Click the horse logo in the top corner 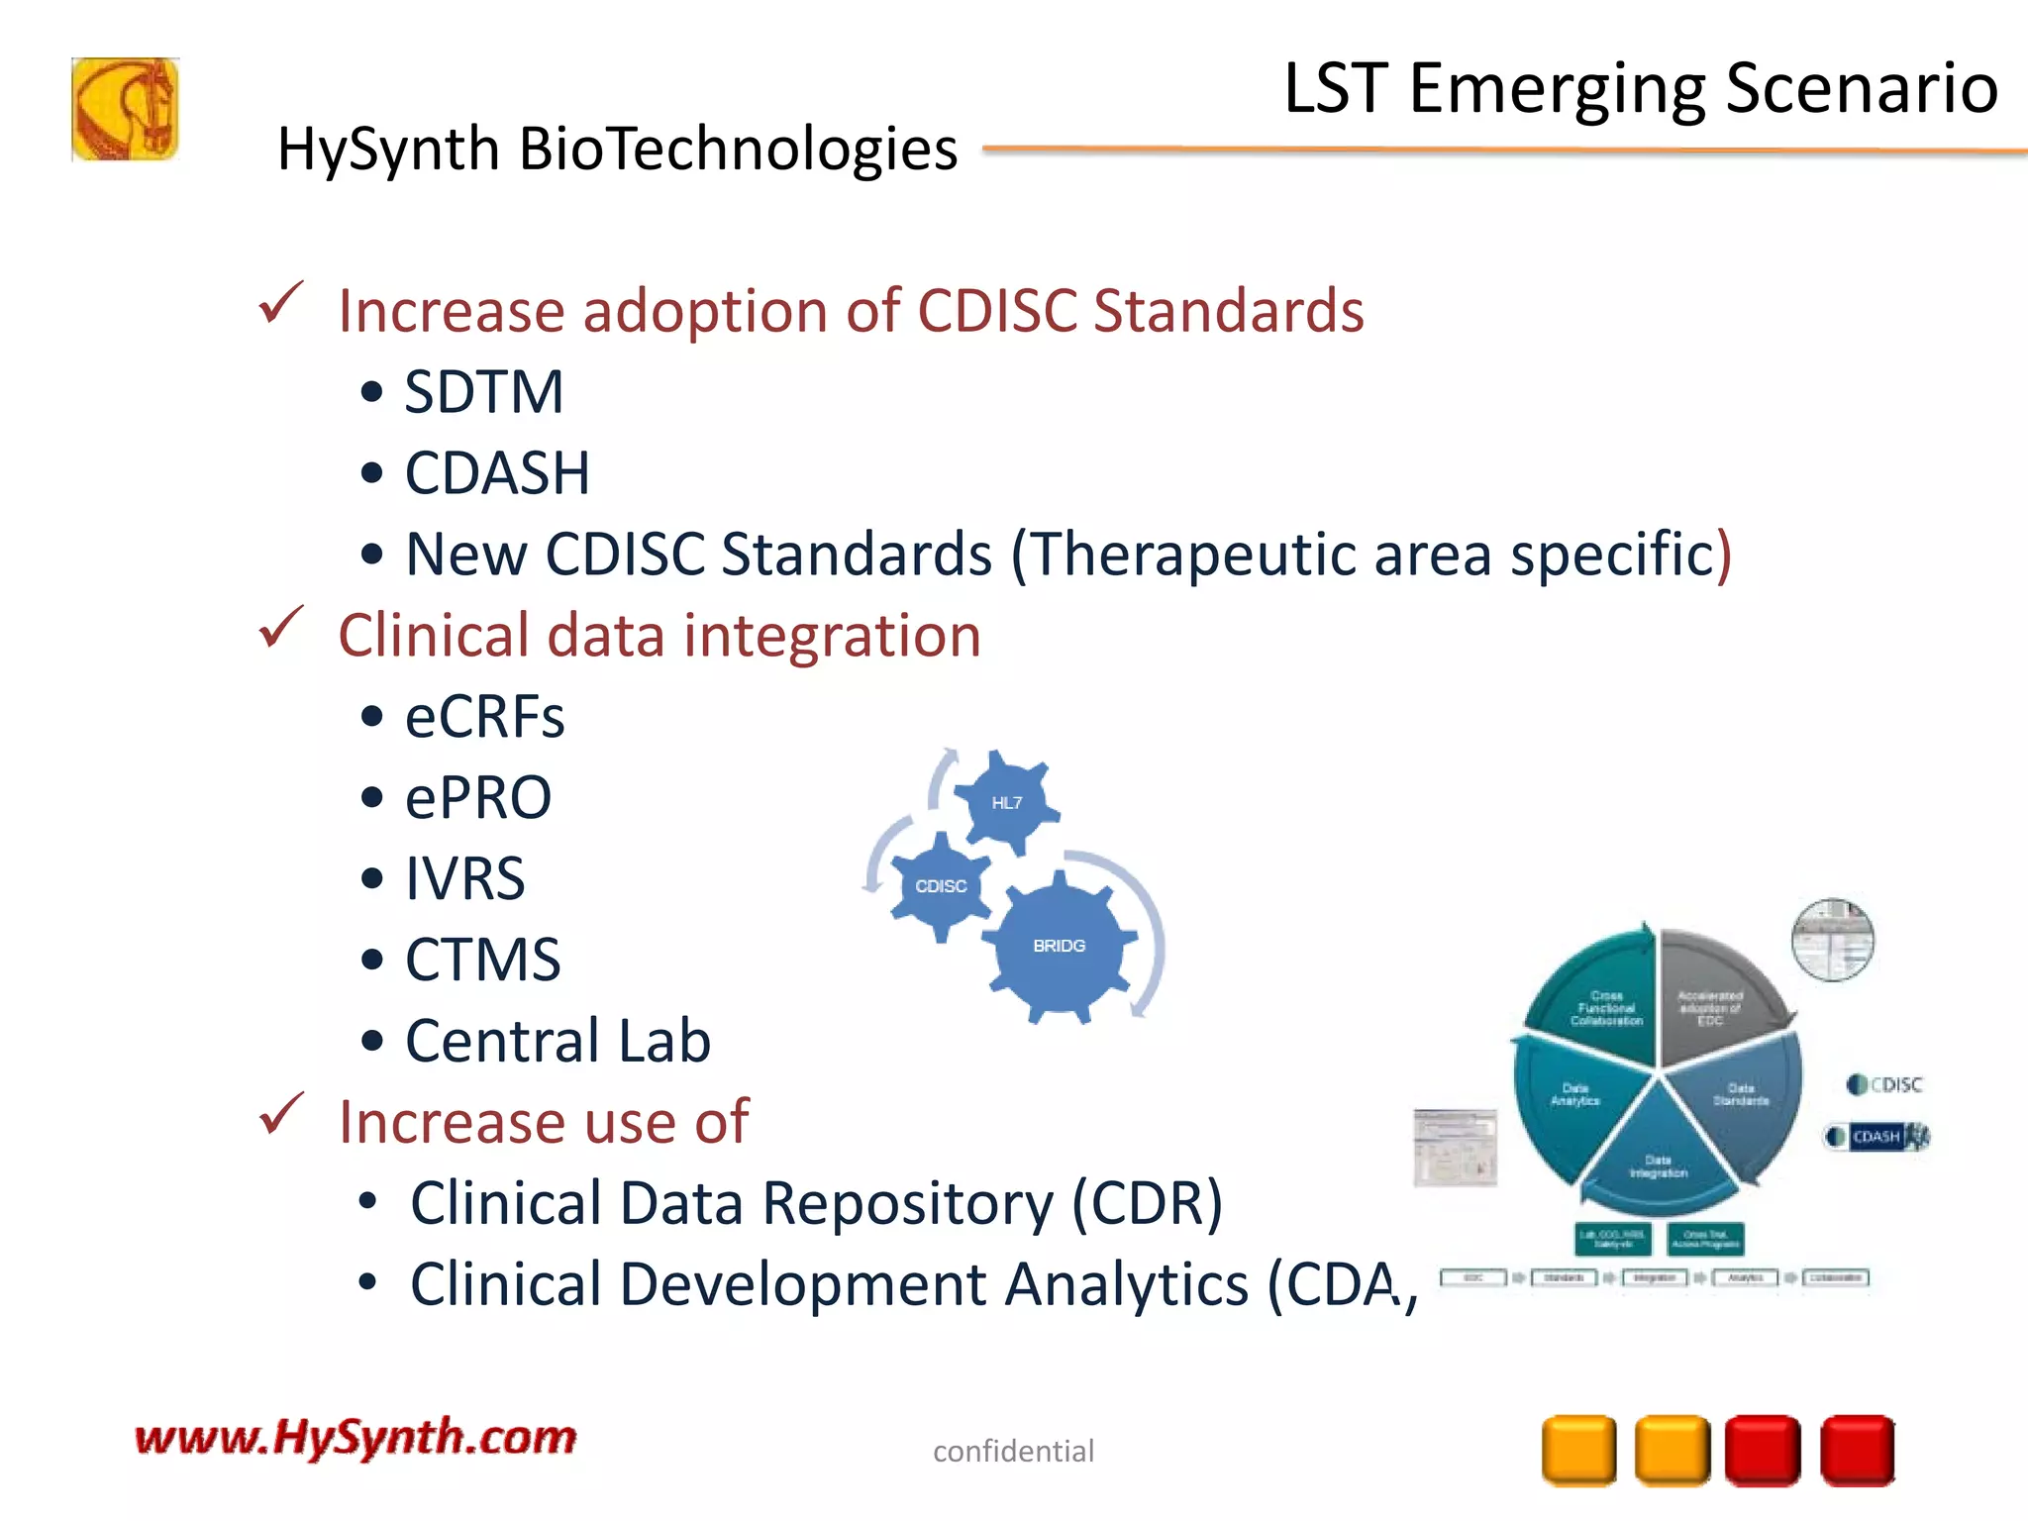[x=125, y=109]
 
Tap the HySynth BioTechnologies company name [x=617, y=151]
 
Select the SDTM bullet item [x=483, y=392]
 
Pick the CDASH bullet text [x=497, y=473]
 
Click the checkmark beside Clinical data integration [x=280, y=629]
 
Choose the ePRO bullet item [x=477, y=797]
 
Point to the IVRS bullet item [x=464, y=878]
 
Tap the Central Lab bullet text [x=558, y=1041]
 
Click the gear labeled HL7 [x=1006, y=803]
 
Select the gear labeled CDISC [x=940, y=886]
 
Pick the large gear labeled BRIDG [x=1059, y=946]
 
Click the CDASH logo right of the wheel [x=1877, y=1136]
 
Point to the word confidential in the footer [x=1013, y=1452]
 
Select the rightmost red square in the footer [x=1857, y=1451]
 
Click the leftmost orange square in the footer [x=1578, y=1451]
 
